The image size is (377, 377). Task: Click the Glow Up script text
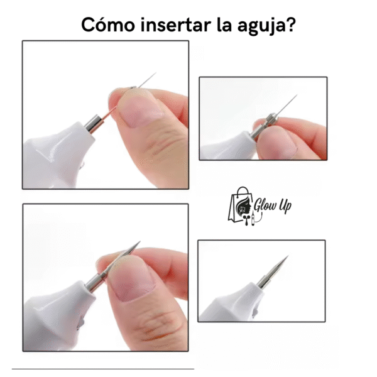click(x=275, y=206)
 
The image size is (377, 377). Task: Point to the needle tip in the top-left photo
click(x=155, y=74)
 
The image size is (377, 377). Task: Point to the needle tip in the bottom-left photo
click(x=139, y=242)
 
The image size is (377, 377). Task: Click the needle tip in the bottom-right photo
click(x=288, y=256)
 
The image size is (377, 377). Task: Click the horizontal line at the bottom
click(x=104, y=369)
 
